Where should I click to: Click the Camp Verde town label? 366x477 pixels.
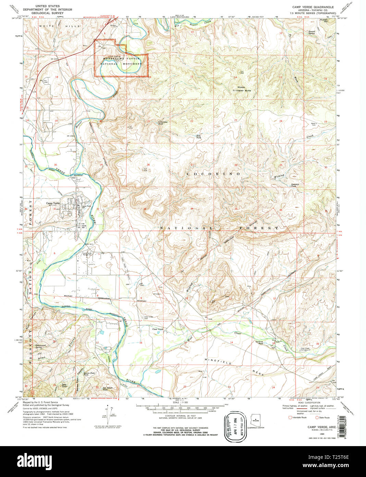53,203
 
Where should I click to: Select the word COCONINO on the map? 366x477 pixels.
213,174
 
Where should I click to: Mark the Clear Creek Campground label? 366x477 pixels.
307,349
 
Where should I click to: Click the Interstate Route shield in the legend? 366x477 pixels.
291,417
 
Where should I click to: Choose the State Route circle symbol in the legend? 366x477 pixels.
317,417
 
